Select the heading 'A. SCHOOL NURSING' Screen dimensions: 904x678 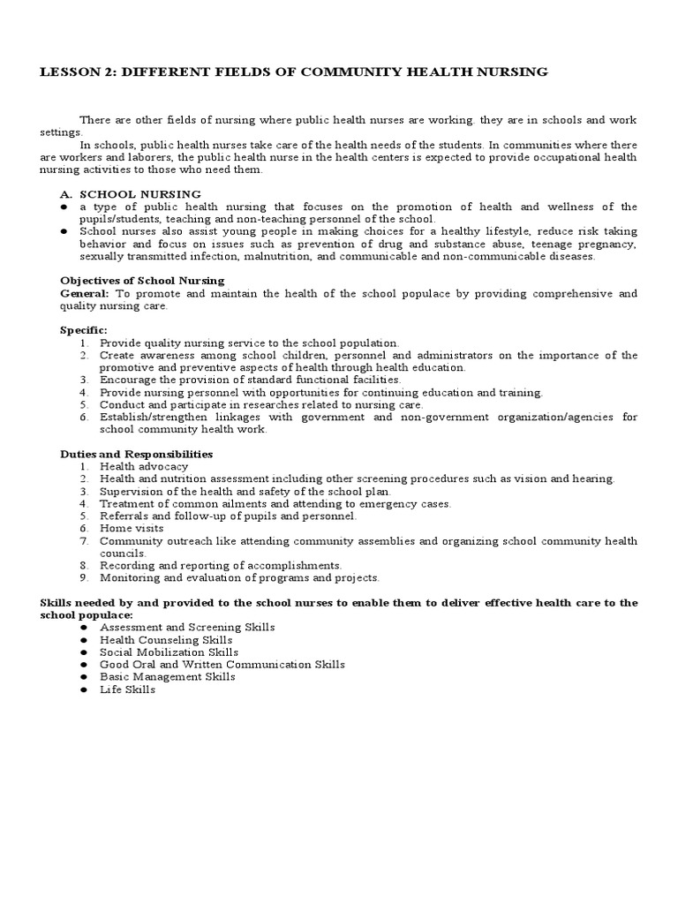[x=140, y=193]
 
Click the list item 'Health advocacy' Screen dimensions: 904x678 [x=143, y=466]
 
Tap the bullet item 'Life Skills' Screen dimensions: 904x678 [x=127, y=689]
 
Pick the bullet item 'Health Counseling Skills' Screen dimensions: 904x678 [x=166, y=639]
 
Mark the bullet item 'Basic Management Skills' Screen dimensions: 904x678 [x=167, y=676]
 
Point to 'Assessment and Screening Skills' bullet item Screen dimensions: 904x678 [x=187, y=627]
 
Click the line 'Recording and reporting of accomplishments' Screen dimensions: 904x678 [x=221, y=565]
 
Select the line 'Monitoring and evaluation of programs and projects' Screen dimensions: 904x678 [x=239, y=577]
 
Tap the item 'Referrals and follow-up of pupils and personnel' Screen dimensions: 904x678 [x=228, y=516]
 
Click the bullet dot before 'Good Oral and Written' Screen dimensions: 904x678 [x=82, y=664]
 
